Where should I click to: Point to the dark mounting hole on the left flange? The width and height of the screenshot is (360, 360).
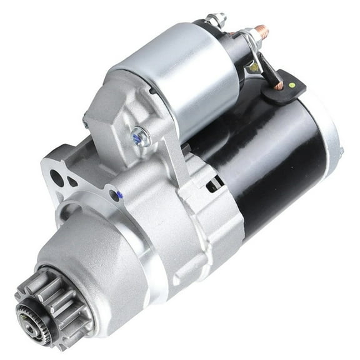pyautogui.click(x=57, y=177)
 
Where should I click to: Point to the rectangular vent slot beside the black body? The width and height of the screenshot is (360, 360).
pyautogui.click(x=214, y=183)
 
